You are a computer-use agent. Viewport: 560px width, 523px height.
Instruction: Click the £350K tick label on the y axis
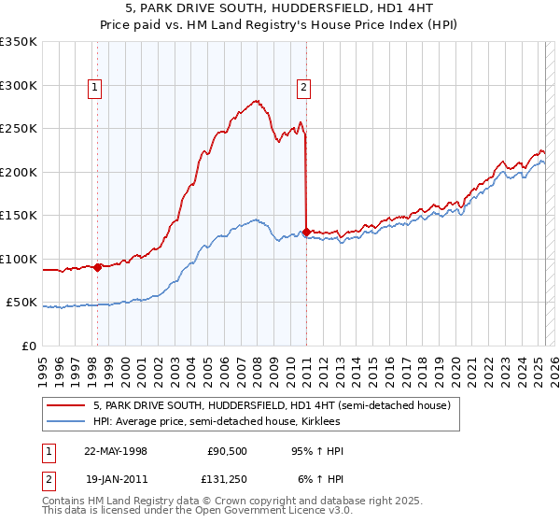pyautogui.click(x=19, y=42)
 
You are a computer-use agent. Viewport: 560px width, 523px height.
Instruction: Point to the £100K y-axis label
pyautogui.click(x=19, y=259)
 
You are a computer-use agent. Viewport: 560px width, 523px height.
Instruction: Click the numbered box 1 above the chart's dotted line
pyautogui.click(x=96, y=89)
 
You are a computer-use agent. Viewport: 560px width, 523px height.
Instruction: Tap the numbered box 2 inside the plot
pyautogui.click(x=304, y=89)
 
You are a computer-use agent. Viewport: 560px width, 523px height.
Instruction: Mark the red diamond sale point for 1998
pyautogui.click(x=97, y=267)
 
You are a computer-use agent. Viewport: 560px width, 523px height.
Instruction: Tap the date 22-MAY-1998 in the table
pyautogui.click(x=117, y=450)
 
